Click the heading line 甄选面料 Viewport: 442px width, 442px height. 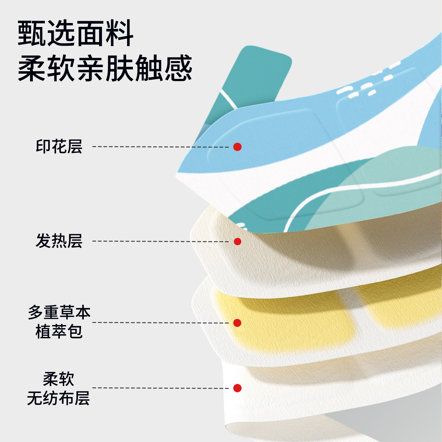(76, 33)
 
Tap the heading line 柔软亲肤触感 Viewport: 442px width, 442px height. (105, 68)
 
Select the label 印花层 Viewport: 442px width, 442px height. (59, 146)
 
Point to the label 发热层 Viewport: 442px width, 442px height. (59, 241)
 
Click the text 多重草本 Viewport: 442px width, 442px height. (59, 312)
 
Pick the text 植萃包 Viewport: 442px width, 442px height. (59, 331)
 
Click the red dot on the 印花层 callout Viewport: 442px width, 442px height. (237, 147)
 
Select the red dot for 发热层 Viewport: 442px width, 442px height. (237, 241)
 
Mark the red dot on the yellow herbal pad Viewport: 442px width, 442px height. (237, 323)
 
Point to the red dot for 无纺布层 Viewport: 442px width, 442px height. (237, 388)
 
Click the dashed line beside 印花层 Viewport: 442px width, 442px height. (161, 147)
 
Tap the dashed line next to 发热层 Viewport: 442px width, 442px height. (161, 241)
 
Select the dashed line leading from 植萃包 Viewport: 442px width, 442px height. (161, 323)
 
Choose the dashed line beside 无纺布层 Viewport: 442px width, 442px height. (161, 388)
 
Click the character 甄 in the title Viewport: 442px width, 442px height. (32, 33)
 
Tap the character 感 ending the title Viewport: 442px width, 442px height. (178, 68)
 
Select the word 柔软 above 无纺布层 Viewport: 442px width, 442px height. (59, 379)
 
